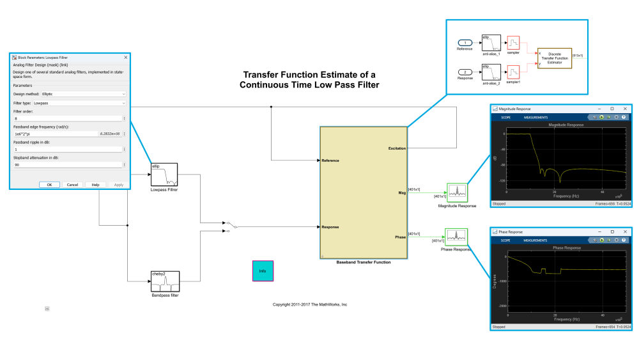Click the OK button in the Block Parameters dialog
click(49, 184)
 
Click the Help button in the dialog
click(95, 184)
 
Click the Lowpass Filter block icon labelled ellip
click(164, 175)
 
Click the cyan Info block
click(262, 271)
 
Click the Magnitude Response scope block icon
click(457, 192)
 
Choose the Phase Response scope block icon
click(457, 237)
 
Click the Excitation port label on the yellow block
click(396, 148)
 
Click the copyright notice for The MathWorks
click(309, 304)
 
